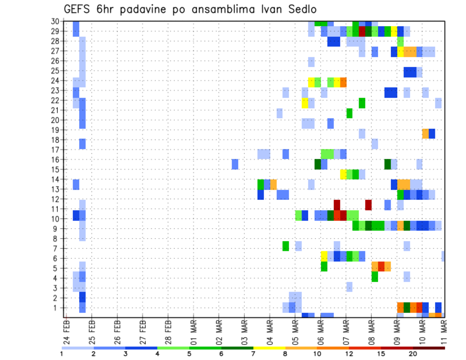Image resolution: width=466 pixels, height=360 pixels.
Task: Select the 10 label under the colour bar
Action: coord(317,354)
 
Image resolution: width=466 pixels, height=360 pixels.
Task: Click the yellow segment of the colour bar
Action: coord(269,348)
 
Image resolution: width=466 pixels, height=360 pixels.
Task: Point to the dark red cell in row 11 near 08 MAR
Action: coord(368,205)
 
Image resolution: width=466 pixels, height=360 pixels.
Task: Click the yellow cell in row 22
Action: coord(305,103)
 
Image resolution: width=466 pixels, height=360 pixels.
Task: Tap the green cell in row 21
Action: coord(349,113)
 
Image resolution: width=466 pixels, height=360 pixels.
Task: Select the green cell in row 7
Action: coord(286,246)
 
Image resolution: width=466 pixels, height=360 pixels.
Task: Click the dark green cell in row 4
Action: coord(375,277)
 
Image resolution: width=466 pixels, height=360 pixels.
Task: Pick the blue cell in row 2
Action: coord(83,297)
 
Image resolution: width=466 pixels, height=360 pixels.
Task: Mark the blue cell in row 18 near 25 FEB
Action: coord(83,144)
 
